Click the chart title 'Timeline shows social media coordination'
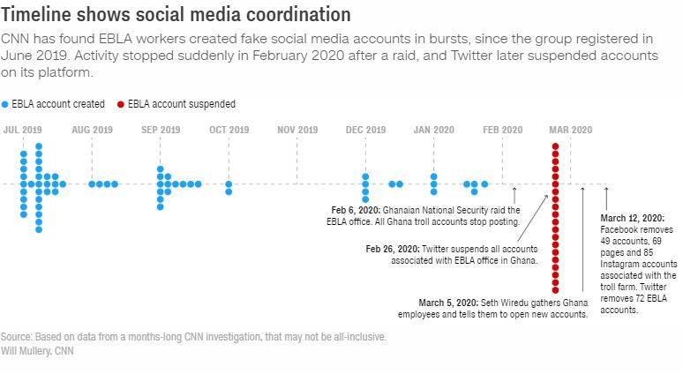[176, 15]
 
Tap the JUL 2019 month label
[23, 130]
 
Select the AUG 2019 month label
[92, 130]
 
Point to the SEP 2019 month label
[161, 130]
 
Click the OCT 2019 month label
[229, 130]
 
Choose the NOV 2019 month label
[297, 130]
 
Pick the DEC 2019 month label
[365, 130]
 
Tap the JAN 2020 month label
[433, 130]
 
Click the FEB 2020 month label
[502, 130]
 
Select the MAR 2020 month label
[570, 130]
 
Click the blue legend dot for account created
[5, 104]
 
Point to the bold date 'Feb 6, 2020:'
[356, 210]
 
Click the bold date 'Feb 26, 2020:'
[393, 250]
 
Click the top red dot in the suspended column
[555, 147]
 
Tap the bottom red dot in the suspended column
[555, 289]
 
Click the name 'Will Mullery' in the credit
[24, 350]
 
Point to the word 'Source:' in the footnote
[16, 337]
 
